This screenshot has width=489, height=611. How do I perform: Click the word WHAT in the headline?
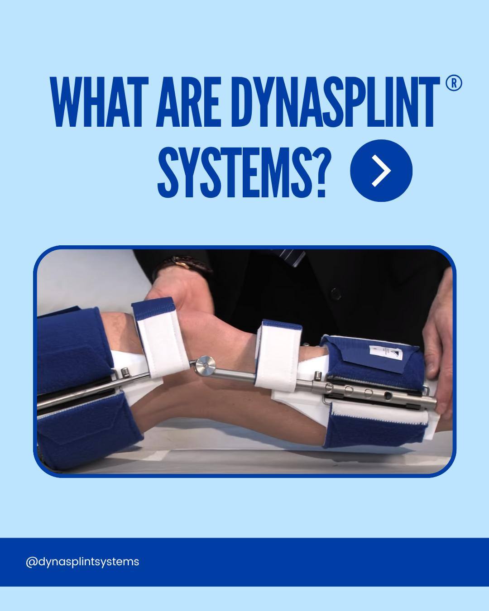click(99, 102)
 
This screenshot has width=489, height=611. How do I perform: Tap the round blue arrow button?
click(381, 171)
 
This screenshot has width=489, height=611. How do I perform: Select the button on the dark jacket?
click(336, 294)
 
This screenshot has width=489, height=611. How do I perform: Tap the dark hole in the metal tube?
click(388, 395)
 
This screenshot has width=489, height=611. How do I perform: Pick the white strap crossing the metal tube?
click(277, 357)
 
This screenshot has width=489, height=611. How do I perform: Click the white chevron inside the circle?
click(382, 171)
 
